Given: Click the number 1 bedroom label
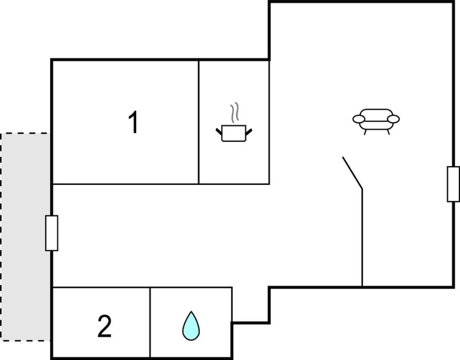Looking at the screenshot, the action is click(133, 123).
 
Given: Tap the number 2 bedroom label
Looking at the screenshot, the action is click(104, 326).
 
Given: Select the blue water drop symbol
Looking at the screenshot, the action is click(191, 326).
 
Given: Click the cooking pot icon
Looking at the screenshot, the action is click(234, 133).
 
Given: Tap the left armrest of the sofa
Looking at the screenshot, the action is click(359, 119).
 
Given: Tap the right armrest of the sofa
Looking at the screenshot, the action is click(394, 119).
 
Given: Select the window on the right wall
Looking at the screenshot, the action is click(453, 184).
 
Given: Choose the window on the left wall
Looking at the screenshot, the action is click(52, 233).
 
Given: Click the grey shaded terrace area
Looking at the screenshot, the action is click(25, 237).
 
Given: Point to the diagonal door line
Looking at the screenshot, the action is click(352, 173).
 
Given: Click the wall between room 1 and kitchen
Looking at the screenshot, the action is click(199, 122).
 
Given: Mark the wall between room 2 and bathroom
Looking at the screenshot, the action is click(150, 322).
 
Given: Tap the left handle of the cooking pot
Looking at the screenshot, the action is click(219, 131).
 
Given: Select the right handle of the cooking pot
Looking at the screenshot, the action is click(249, 131).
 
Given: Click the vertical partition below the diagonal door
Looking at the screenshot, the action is click(362, 237).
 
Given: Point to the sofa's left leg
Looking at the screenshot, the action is click(366, 132).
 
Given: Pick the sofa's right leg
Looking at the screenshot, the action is click(388, 132).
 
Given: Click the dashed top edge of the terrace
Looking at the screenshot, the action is click(25, 134).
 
